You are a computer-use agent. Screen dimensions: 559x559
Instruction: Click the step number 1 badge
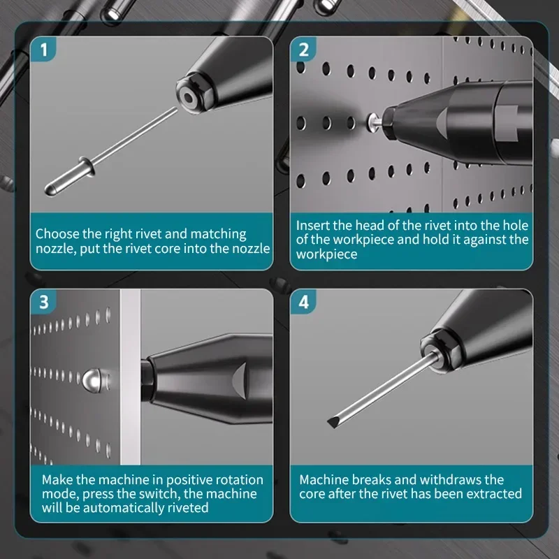pyautogui.click(x=43, y=49)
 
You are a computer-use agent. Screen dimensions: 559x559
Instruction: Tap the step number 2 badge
pyautogui.click(x=303, y=49)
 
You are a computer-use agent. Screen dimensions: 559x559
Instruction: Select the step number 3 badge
pyautogui.click(x=43, y=302)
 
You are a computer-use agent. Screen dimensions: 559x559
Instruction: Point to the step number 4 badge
pyautogui.click(x=303, y=302)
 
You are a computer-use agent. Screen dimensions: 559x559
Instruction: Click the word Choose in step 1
pyautogui.click(x=57, y=234)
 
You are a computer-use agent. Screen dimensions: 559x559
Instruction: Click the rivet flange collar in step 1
pyautogui.click(x=87, y=166)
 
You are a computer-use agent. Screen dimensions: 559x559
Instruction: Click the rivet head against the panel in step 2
pyautogui.click(x=373, y=122)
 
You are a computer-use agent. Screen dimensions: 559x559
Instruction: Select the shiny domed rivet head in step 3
pyautogui.click(x=92, y=379)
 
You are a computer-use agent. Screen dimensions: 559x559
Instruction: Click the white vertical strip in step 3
pyautogui.click(x=130, y=377)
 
